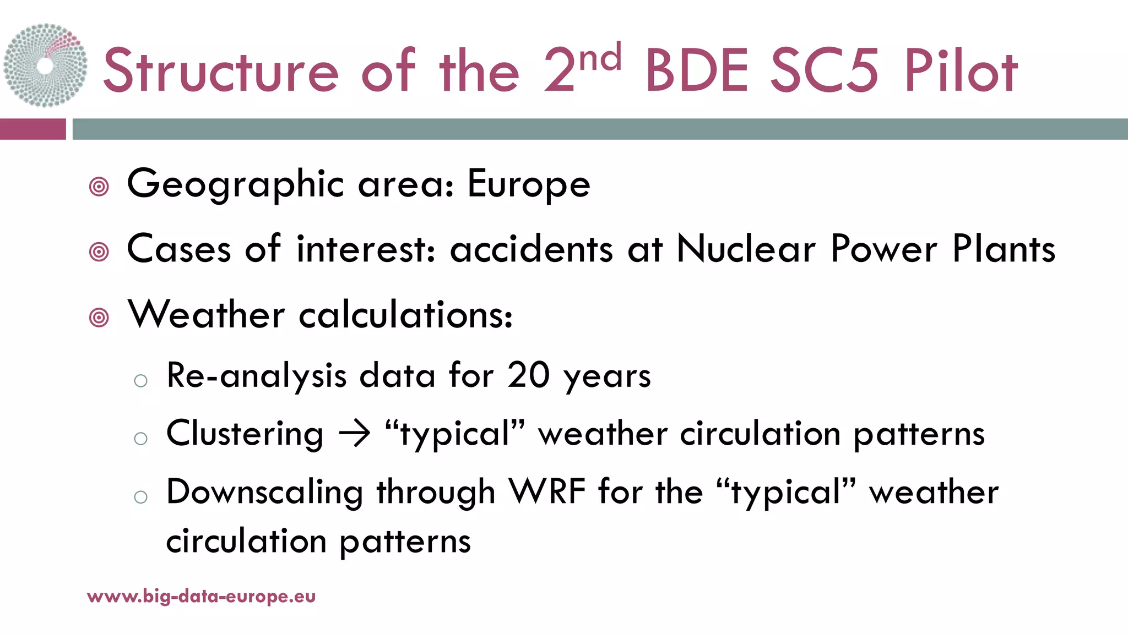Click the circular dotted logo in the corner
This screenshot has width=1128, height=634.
pyautogui.click(x=45, y=65)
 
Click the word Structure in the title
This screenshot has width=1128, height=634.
pyautogui.click(x=221, y=70)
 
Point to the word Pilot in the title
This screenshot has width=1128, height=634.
pyautogui.click(x=961, y=70)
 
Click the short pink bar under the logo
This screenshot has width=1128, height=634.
pyautogui.click(x=32, y=129)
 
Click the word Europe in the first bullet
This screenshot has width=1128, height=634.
pyautogui.click(x=529, y=184)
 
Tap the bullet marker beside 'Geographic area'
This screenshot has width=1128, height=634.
pyautogui.click(x=99, y=187)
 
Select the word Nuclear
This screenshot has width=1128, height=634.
pyautogui.click(x=746, y=249)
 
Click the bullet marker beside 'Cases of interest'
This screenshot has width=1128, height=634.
pyautogui.click(x=99, y=253)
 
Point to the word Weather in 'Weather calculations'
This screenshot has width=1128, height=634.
pyautogui.click(x=207, y=315)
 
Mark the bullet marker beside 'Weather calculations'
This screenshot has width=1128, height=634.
pyautogui.click(x=99, y=318)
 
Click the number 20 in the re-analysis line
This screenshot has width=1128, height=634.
pyautogui.click(x=528, y=376)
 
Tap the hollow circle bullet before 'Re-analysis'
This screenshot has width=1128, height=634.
pyautogui.click(x=141, y=381)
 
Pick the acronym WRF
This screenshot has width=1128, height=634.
pyautogui.click(x=547, y=491)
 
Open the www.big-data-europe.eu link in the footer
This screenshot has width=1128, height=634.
pyautogui.click(x=202, y=597)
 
